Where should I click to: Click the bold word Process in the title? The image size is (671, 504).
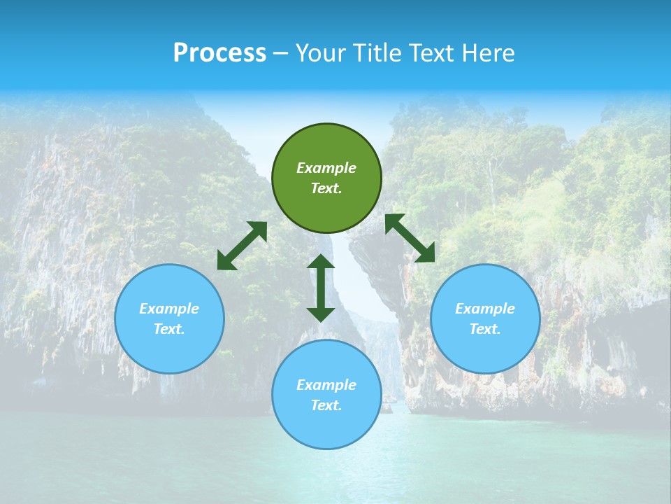(219, 52)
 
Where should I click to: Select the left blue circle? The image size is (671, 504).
(169, 350)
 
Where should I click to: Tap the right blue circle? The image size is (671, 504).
(485, 350)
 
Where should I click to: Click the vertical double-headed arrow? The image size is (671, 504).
(321, 288)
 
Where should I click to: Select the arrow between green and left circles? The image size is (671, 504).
(242, 246)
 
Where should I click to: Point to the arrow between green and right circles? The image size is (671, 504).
(410, 239)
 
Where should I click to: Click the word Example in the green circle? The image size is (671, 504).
(326, 168)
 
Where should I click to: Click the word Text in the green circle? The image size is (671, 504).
(326, 188)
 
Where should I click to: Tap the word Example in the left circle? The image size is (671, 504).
(169, 309)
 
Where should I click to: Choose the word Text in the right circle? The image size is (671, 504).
(485, 329)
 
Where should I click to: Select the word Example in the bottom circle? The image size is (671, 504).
(326, 385)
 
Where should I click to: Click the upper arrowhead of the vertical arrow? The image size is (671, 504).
(321, 261)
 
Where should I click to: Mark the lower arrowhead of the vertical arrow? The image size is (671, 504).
(321, 314)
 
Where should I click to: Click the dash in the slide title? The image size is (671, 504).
(281, 53)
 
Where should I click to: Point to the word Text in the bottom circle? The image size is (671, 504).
(326, 405)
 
